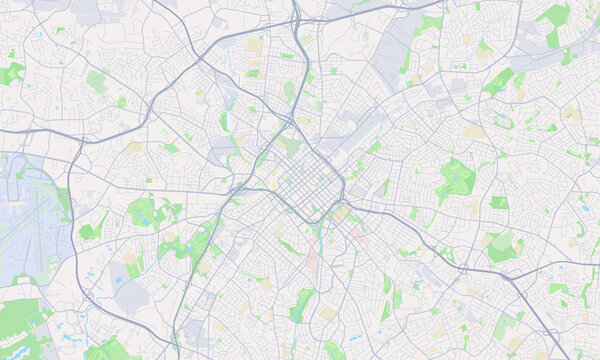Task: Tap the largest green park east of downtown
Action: pyautogui.click(x=456, y=180)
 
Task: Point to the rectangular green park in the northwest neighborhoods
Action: pyautogui.click(x=97, y=81)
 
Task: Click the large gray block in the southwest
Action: pyautogui.click(x=135, y=296)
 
